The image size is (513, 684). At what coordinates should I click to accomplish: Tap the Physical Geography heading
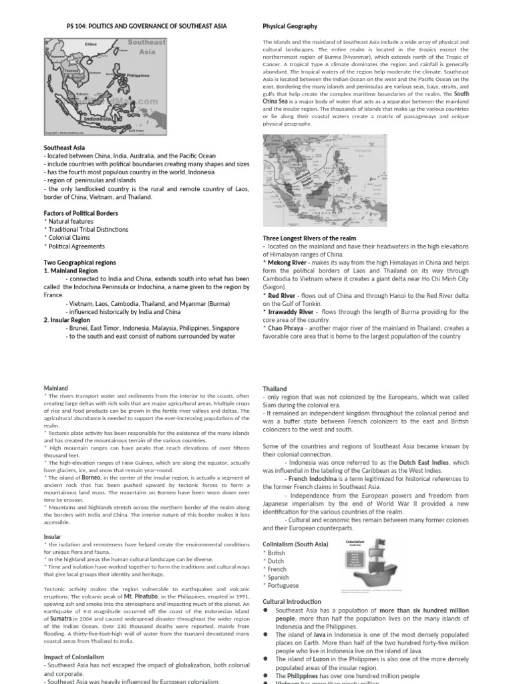click(x=290, y=26)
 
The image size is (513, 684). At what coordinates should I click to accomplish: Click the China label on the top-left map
click(x=91, y=45)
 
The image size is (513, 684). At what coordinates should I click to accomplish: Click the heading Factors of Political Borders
click(x=80, y=213)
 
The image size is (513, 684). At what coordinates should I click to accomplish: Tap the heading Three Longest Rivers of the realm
click(x=309, y=238)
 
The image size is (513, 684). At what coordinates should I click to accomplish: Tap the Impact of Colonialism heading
click(x=73, y=657)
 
